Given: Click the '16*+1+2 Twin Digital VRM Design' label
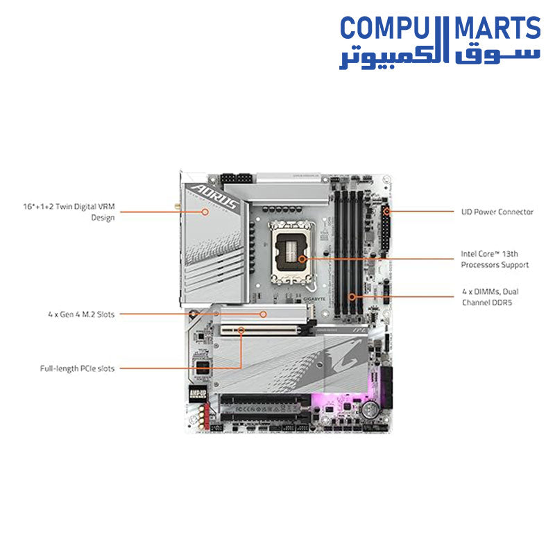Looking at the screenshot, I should tap(67, 212).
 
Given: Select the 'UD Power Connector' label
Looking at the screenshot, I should tap(497, 212).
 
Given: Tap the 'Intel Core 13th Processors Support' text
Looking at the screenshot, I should tap(495, 259).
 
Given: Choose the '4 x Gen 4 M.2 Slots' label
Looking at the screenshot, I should tap(77, 314).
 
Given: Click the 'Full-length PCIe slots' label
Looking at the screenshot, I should tap(77, 368).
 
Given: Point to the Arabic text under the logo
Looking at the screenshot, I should tap(439, 58).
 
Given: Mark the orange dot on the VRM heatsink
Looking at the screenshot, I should tap(205, 212).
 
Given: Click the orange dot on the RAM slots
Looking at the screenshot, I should tap(352, 296).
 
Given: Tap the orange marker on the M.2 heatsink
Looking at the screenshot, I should tap(263, 314).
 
